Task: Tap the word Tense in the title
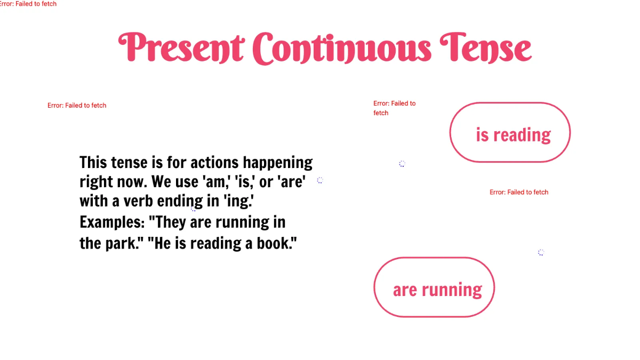(x=485, y=48)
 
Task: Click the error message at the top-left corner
(x=28, y=4)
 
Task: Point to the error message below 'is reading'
(x=519, y=192)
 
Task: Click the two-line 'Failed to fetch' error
(x=394, y=108)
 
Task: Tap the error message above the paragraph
(x=77, y=106)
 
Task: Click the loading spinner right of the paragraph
(x=320, y=180)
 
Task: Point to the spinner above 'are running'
(x=541, y=252)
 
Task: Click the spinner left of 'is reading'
(x=402, y=164)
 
